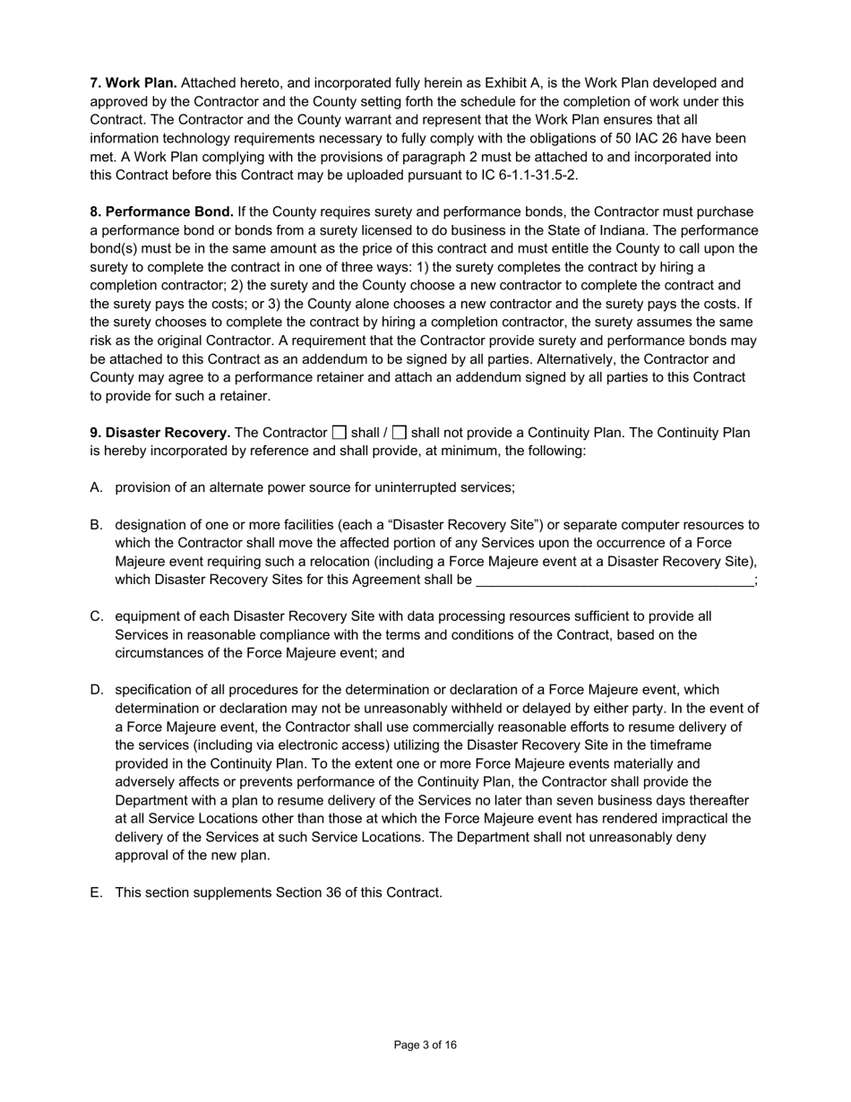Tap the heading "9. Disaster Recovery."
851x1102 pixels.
(159, 433)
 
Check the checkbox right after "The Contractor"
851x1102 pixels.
(339, 433)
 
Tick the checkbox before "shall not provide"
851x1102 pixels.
(400, 433)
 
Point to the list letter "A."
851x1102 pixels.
(97, 487)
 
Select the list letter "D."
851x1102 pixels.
(97, 690)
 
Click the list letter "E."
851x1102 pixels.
(97, 892)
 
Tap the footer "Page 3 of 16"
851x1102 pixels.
(425, 1045)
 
